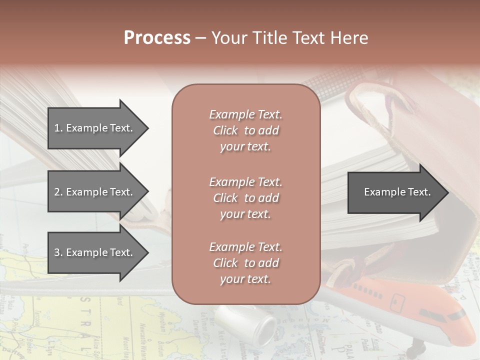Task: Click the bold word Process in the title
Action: pos(157,38)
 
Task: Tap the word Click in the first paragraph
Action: pos(225,131)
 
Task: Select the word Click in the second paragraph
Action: pos(225,198)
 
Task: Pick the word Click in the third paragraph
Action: pos(225,263)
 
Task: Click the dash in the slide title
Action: pos(200,38)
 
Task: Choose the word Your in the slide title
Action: pos(229,38)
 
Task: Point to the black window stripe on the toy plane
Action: pos(455,315)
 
